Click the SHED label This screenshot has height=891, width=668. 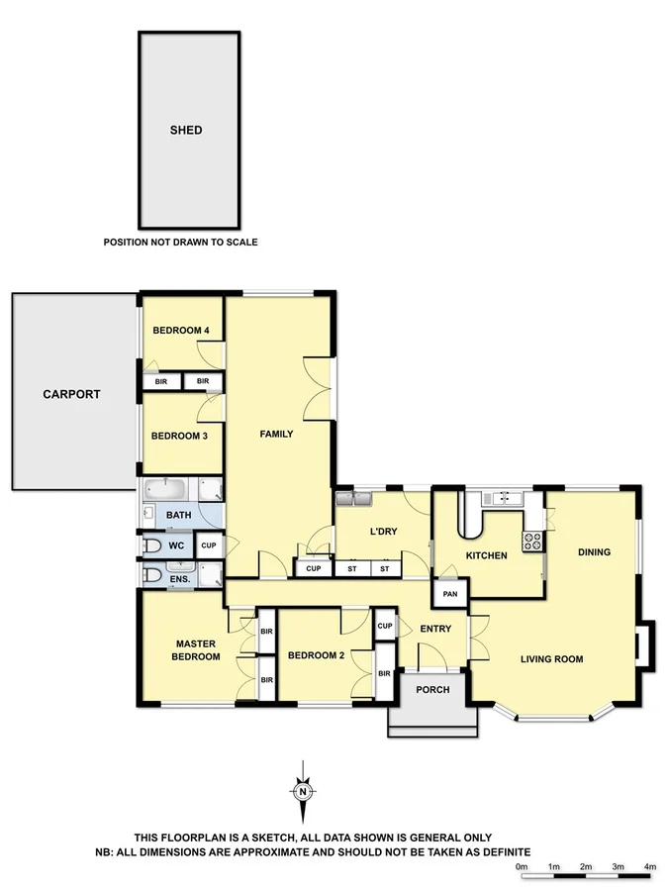186,130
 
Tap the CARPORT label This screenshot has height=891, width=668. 71,393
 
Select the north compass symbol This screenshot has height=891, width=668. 302,789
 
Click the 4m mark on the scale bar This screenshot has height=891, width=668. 649,867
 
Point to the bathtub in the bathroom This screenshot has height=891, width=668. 164,490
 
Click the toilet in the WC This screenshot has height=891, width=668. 153,545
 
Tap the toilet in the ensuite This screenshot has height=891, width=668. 153,575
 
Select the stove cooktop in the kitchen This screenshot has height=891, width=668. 532,542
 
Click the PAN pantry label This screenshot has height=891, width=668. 449,593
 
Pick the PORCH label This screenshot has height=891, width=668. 432,690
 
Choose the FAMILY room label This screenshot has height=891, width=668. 276,434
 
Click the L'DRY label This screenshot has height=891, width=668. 383,532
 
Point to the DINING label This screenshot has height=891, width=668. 594,552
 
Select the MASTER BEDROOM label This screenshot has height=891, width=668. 195,650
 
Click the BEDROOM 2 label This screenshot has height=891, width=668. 316,655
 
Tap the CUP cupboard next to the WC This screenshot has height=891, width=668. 208,545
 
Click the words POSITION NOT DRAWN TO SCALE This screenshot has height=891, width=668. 180,242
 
